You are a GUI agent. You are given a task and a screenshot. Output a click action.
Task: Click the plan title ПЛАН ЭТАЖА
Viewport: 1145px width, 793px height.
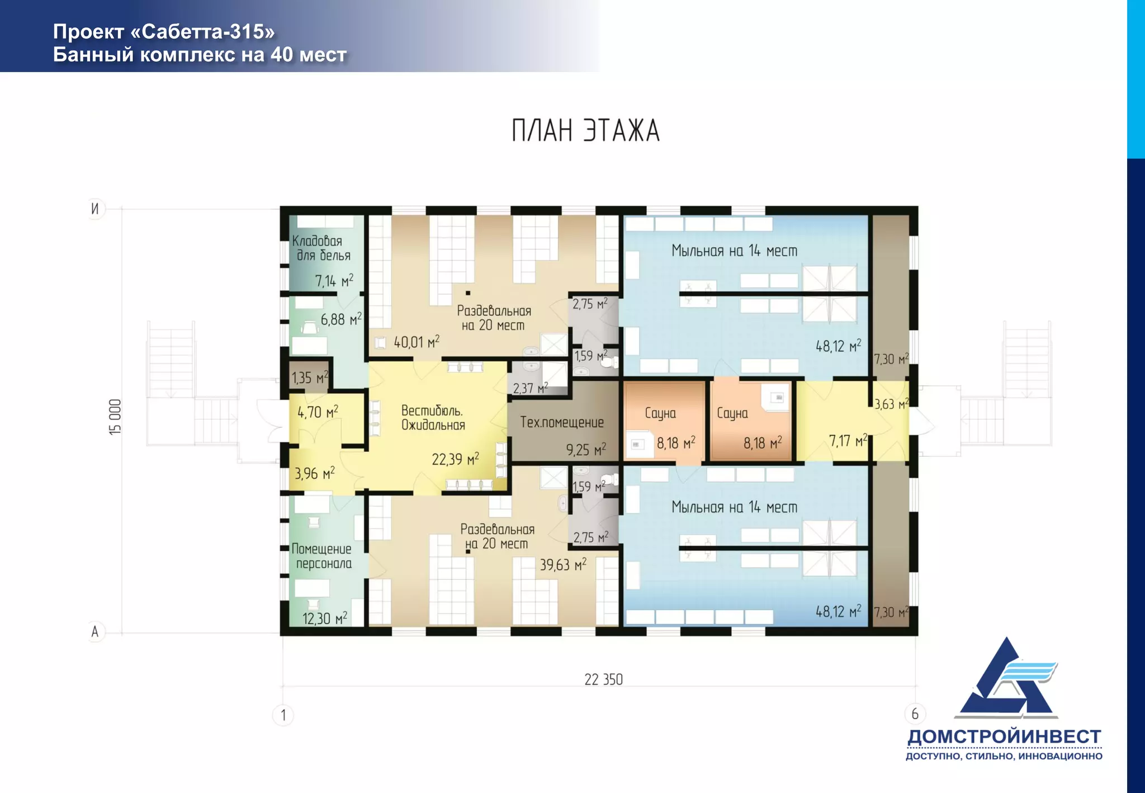(586, 130)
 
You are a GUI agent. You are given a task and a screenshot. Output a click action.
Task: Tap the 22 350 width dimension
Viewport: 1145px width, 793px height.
(603, 679)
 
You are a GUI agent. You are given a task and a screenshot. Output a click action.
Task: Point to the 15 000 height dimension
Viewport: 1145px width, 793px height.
(115, 417)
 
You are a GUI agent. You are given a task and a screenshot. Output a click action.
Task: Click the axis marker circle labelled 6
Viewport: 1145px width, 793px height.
(915, 714)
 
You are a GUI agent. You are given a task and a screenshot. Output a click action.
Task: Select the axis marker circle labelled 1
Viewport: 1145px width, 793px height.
(283, 715)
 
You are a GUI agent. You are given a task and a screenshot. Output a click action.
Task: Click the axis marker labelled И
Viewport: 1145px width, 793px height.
(95, 209)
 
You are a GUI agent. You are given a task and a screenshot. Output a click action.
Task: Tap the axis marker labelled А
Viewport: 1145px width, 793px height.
(95, 631)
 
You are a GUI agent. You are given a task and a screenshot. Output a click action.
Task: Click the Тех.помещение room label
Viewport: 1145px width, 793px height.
(562, 422)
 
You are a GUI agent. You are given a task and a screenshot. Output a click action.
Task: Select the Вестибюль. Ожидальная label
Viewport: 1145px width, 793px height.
(433, 418)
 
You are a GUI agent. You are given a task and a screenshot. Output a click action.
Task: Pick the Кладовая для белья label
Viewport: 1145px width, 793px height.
(321, 248)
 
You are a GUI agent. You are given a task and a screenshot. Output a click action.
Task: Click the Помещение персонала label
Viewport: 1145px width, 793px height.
(322, 556)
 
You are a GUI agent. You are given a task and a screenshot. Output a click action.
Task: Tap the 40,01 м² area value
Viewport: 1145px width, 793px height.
(417, 341)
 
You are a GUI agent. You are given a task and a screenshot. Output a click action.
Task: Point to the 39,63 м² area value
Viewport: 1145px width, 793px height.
(563, 564)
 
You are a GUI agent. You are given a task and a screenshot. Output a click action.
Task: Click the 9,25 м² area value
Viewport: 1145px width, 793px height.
(586, 449)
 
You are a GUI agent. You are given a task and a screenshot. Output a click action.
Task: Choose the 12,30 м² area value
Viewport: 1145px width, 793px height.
(325, 618)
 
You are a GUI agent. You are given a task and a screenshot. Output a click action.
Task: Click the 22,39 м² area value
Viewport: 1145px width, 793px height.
(455, 459)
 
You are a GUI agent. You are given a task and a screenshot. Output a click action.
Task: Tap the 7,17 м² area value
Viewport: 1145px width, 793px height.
(848, 441)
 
